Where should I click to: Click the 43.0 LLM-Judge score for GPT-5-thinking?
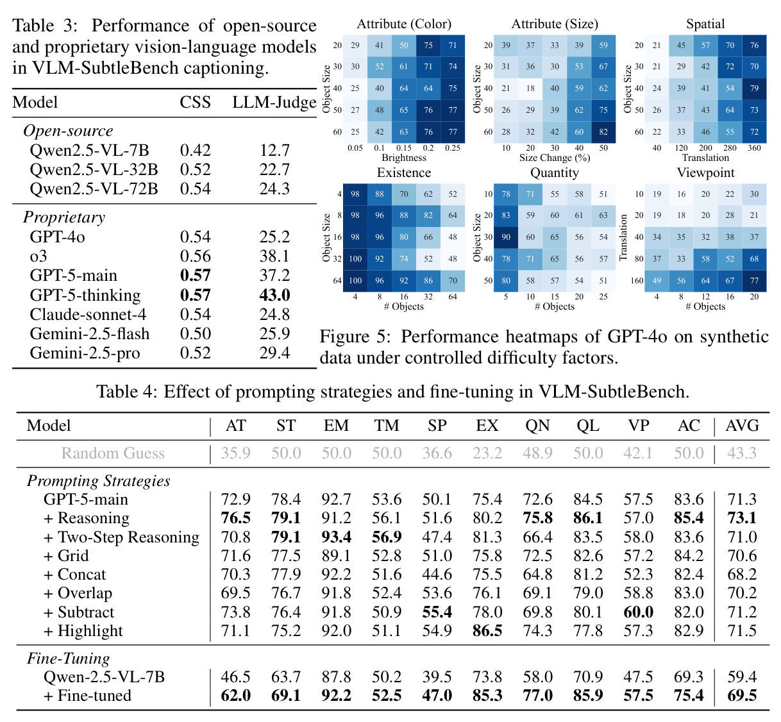pos(274,295)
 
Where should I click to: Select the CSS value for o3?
pos(195,256)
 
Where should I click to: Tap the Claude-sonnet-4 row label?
pos(88,314)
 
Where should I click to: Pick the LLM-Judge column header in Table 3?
pos(274,102)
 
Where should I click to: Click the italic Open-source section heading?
pos(68,131)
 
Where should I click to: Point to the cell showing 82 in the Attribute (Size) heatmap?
pos(603,131)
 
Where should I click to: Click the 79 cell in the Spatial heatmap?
pos(754,88)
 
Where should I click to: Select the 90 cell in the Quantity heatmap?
pos(506,237)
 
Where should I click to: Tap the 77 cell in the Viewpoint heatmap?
pos(754,280)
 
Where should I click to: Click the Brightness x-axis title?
pos(404,158)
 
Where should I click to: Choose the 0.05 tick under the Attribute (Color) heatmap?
pos(355,148)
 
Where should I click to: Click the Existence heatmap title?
pos(404,172)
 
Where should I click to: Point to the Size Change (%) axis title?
pos(555,158)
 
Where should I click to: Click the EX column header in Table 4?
pos(487,426)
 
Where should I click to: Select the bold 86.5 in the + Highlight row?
pos(487,631)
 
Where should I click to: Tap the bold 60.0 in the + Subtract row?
pos(638,612)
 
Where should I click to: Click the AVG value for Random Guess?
pos(742,453)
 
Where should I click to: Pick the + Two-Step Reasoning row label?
pos(122,537)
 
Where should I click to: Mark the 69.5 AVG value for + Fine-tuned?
pos(742,695)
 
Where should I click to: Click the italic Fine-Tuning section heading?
pos(69,659)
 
